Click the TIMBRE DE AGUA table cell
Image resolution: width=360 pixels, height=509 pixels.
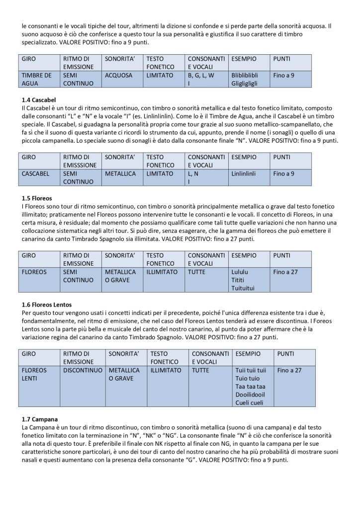(x=39, y=79)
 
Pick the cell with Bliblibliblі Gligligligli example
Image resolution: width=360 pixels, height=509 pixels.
(x=249, y=79)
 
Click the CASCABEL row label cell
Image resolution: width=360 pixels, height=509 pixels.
(x=39, y=178)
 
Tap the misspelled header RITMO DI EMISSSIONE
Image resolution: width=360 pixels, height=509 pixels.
(x=81, y=160)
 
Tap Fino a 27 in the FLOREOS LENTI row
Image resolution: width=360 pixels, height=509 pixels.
(x=292, y=371)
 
